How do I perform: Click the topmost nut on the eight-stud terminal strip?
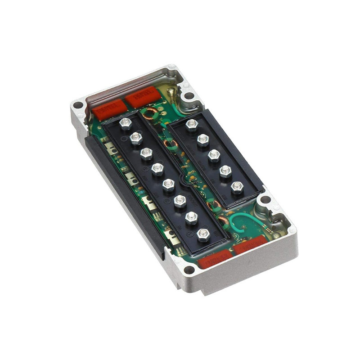tap(126, 123)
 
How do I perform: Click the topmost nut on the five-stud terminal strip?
tap(192, 124)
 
